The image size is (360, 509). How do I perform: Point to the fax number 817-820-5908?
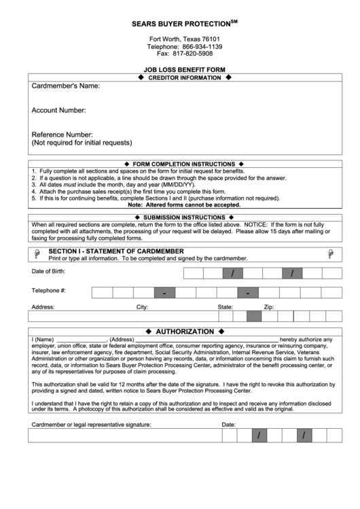tap(194, 53)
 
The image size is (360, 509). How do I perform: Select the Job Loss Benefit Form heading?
tap(185, 70)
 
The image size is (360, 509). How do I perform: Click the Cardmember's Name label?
tap(66, 86)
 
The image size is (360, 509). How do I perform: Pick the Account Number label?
tap(58, 110)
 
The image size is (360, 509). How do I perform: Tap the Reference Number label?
tap(62, 135)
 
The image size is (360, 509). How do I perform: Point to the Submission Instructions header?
tap(184, 217)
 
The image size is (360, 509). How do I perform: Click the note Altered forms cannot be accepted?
tap(184, 204)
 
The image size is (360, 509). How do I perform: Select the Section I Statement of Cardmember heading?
tap(116, 251)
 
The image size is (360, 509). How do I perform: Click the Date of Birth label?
tap(49, 272)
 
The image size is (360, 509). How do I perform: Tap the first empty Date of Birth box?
tap(194, 273)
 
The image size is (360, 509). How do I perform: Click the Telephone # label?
tap(49, 292)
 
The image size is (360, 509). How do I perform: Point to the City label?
tap(143, 307)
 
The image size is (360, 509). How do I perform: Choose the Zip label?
tap(269, 307)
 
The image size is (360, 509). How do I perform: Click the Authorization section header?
tap(185, 332)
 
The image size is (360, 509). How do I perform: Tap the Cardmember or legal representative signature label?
tap(92, 425)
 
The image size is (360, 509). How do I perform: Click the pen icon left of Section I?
tap(37, 253)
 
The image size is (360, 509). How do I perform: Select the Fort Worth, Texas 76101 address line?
tap(185, 39)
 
